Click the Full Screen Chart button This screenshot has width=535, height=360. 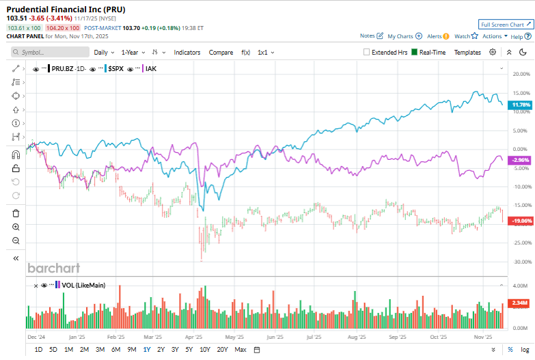pyautogui.click(x=506, y=24)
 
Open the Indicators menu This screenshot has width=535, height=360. pyautogui.click(x=187, y=52)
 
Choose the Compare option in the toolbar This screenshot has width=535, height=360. pyautogui.click(x=221, y=52)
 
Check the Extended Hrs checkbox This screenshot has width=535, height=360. pyautogui.click(x=367, y=52)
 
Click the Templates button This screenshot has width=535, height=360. pyautogui.click(x=467, y=52)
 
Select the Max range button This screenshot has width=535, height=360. pyautogui.click(x=240, y=350)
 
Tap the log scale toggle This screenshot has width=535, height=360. pyautogui.click(x=524, y=350)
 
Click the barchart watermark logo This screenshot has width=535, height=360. pyautogui.click(x=53, y=268)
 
